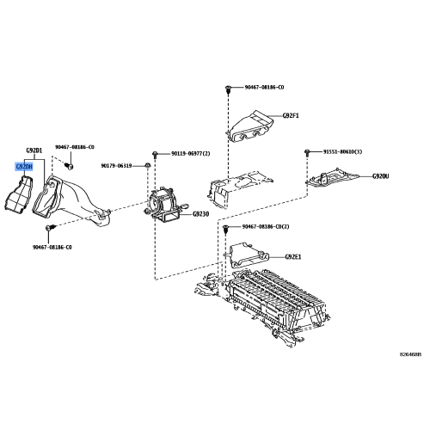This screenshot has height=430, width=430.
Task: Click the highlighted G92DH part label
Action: point(23,167)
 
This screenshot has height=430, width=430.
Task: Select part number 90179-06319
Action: point(121,165)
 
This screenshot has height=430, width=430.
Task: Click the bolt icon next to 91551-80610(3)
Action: point(306,152)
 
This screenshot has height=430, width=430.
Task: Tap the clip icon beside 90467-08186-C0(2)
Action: point(225,230)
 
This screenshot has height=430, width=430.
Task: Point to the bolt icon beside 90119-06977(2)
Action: point(155,152)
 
